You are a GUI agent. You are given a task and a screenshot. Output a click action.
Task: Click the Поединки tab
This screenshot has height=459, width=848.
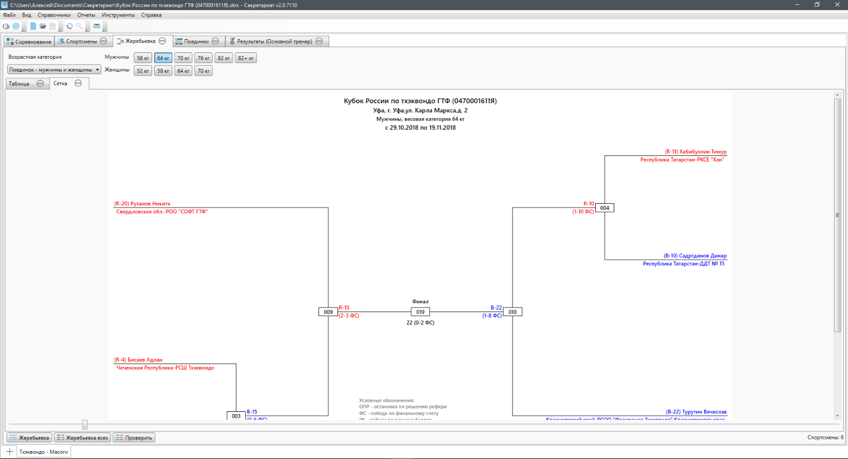(x=196, y=41)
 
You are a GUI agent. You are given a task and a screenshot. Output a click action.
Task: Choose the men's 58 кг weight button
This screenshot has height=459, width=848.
(x=143, y=58)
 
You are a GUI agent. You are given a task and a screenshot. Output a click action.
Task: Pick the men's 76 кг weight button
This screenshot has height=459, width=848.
(x=204, y=58)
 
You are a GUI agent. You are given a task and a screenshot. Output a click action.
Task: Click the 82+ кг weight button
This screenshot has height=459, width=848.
(x=246, y=58)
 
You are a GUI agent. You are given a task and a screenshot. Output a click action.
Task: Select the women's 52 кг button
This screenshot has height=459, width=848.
(x=143, y=71)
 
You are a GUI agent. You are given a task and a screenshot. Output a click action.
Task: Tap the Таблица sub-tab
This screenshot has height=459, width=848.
(x=19, y=84)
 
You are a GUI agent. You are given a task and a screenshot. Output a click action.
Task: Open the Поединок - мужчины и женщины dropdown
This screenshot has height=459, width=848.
(x=54, y=70)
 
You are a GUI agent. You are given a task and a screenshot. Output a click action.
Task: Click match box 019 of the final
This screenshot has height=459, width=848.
(x=420, y=312)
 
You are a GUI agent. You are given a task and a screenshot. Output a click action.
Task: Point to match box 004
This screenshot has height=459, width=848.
(x=605, y=208)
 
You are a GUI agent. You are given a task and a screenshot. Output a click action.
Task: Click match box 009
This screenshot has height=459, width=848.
(x=328, y=312)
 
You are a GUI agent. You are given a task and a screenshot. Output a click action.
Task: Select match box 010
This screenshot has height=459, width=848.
(x=513, y=312)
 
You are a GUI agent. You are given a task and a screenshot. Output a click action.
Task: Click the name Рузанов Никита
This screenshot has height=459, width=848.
(x=150, y=204)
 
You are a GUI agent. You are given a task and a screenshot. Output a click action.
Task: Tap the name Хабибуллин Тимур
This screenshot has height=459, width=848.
(x=703, y=152)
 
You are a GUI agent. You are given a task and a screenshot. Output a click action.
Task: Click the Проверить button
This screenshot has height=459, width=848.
(x=134, y=438)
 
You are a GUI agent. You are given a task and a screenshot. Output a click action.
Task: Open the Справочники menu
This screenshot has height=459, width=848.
(x=54, y=15)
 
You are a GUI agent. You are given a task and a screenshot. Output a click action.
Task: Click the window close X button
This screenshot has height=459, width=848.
(x=837, y=5)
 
